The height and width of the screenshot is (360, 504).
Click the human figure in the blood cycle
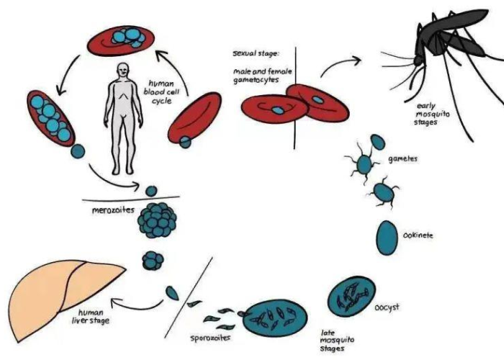point(121,115)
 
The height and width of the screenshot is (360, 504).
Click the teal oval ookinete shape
point(387,235)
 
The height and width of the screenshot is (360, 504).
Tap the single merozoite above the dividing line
point(150,191)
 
